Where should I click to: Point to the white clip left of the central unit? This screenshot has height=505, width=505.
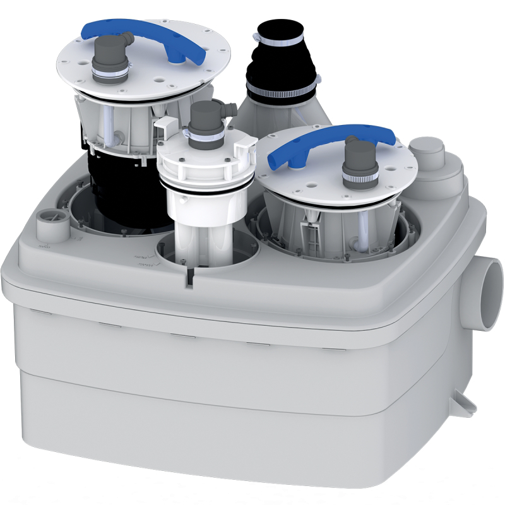point(162,126)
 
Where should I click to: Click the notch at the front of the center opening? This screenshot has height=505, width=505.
point(189,278)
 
